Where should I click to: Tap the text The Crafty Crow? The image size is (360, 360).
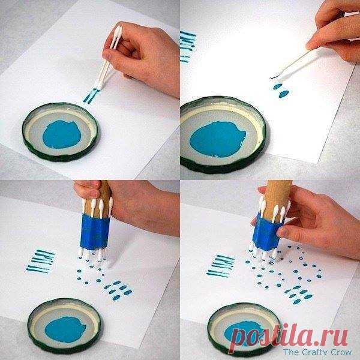click(317, 352)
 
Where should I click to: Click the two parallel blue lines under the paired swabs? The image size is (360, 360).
click(91, 96)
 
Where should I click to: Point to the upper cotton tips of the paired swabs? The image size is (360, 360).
click(118, 31)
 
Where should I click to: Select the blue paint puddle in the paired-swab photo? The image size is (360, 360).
click(62, 134)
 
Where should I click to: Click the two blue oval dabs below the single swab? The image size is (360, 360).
click(281, 91)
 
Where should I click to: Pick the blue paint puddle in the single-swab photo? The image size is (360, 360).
click(217, 139)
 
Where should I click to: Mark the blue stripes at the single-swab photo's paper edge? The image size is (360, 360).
click(187, 46)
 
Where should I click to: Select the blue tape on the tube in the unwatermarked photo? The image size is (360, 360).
click(95, 232)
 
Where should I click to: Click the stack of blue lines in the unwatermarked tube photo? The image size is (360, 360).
click(41, 261)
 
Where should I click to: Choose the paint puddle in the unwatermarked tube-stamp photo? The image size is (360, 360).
click(65, 329)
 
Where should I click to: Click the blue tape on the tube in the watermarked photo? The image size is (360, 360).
click(267, 233)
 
